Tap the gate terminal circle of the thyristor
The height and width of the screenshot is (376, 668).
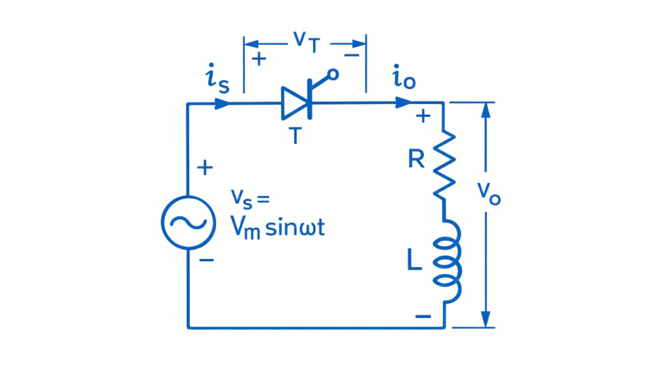click(333, 74)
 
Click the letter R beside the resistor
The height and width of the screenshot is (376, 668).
click(416, 159)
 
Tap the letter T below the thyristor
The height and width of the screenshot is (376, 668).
click(295, 136)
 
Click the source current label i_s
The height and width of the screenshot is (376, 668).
click(217, 80)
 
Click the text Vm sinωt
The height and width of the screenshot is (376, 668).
click(281, 229)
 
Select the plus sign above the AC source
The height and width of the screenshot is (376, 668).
click(205, 168)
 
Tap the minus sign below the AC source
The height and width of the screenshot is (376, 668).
click(206, 260)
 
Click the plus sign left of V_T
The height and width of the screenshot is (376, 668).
click(259, 59)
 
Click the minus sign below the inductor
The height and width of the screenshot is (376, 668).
click(423, 317)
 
